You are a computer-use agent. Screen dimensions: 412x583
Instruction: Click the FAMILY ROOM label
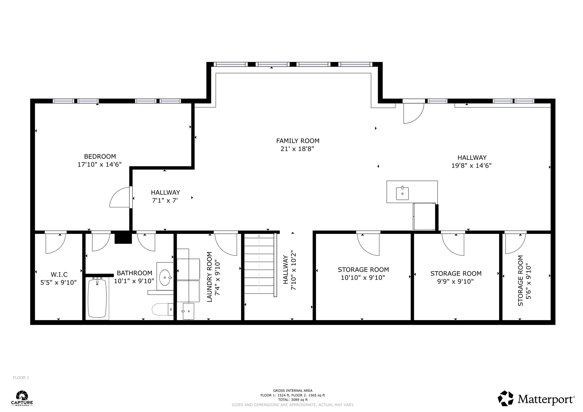(297, 141)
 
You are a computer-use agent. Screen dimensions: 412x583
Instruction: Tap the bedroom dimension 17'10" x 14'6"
(100, 164)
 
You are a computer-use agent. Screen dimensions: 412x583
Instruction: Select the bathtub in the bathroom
(97, 298)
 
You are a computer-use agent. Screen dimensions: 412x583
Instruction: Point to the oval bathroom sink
(165, 277)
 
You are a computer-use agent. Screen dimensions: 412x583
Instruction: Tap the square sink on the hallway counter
(402, 193)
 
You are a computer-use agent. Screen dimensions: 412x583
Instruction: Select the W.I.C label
(59, 274)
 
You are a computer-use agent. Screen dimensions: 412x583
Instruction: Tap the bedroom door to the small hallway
(120, 197)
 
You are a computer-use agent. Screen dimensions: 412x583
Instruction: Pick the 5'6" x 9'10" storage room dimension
(529, 281)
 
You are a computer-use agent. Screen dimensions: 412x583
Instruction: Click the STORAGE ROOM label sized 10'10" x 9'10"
(363, 269)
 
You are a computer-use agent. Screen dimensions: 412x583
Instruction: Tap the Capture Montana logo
(22, 398)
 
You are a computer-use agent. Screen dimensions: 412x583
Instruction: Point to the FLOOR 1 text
(21, 378)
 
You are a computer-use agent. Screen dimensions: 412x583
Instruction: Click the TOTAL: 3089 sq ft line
(292, 400)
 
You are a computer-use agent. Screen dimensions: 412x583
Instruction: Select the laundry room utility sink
(188, 311)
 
